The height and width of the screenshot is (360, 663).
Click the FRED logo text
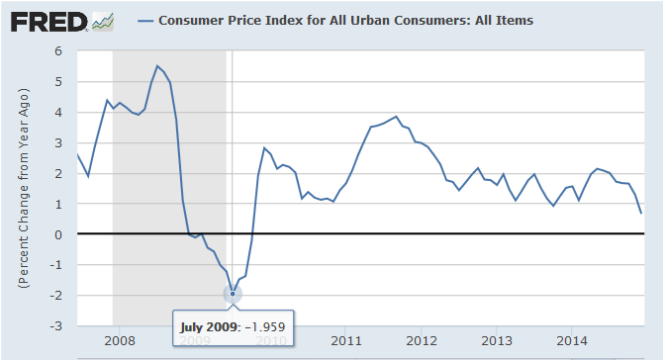tap(48, 22)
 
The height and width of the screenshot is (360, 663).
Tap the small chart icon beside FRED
tap(103, 22)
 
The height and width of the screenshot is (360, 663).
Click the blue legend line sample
tap(145, 21)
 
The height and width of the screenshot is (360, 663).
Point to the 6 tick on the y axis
tap(58, 51)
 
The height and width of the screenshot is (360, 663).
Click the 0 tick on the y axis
tap(58, 234)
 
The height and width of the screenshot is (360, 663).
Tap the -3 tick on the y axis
tap(55, 326)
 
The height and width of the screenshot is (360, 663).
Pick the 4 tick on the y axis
tap(58, 113)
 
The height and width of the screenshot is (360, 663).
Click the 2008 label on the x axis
tap(120, 340)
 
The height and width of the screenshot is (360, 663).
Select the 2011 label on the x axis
tap(346, 340)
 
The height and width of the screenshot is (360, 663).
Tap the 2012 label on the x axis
tap(422, 340)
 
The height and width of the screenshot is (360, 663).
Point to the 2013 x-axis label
tap(497, 340)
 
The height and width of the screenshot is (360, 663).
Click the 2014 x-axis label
tap(572, 340)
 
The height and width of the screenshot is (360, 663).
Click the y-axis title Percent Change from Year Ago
tap(24, 188)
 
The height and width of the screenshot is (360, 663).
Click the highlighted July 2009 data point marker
tap(233, 294)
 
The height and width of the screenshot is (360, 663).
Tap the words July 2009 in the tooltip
tap(208, 327)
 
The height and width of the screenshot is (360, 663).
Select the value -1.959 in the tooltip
tap(263, 327)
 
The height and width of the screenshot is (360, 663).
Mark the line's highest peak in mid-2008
tap(157, 66)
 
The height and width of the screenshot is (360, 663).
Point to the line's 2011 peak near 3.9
tap(396, 116)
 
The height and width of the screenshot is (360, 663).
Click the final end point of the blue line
tap(641, 214)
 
